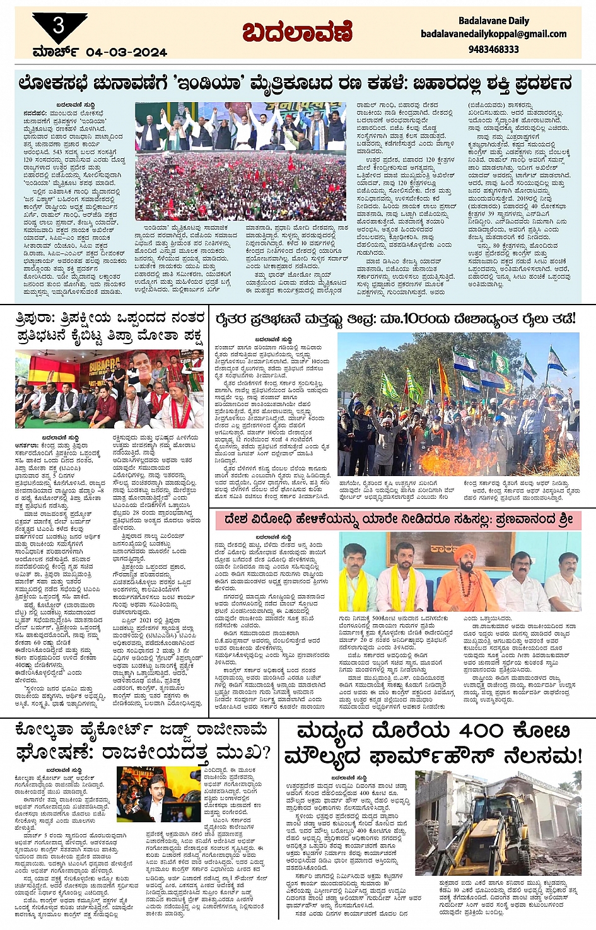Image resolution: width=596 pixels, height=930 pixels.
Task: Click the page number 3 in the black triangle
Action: (59, 26)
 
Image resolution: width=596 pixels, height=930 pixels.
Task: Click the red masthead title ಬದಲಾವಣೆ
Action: (297, 32)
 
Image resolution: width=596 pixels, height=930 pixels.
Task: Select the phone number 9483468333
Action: (494, 49)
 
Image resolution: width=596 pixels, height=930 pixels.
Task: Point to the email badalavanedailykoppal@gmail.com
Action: (494, 34)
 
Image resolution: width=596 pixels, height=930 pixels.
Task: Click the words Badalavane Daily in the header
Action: (494, 21)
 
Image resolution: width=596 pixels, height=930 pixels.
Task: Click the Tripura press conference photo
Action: (109, 390)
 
